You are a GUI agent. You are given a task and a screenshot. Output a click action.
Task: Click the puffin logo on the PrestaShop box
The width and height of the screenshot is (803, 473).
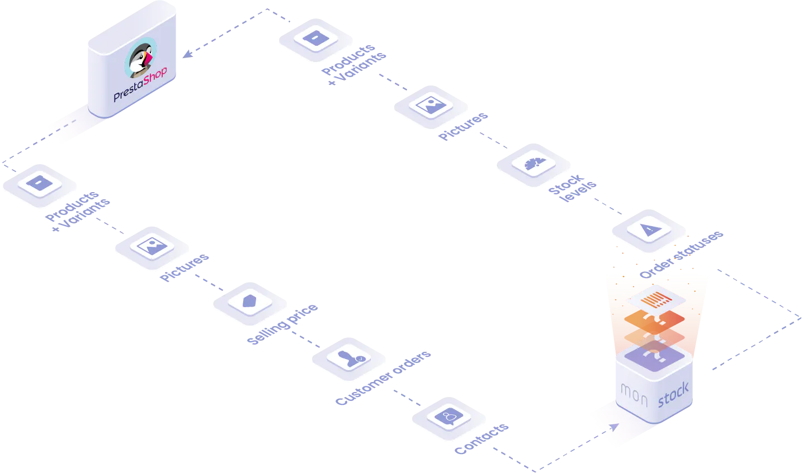(140, 58)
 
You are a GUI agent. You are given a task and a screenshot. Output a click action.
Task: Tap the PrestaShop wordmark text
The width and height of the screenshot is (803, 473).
(140, 84)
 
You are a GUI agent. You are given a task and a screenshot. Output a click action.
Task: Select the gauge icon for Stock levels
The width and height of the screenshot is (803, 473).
(535, 163)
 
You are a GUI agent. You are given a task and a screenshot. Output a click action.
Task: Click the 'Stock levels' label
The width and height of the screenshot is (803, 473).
(573, 188)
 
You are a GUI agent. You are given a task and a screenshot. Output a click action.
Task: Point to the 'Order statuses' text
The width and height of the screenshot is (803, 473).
(682, 254)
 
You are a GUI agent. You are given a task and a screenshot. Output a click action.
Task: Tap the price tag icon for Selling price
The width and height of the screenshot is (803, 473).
(249, 301)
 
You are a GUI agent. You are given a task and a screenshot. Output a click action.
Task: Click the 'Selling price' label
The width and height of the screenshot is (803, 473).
(282, 324)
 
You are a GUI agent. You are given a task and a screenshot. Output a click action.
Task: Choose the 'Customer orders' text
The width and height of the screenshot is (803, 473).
(383, 378)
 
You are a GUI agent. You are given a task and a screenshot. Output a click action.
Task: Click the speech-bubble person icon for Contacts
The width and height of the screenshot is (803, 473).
(449, 417)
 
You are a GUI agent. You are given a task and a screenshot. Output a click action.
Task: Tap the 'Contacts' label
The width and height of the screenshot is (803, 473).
(481, 439)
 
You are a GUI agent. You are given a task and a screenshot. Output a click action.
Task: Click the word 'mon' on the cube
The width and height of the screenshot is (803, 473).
(634, 395)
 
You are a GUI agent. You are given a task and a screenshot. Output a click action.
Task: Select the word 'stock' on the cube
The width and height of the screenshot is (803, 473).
(673, 394)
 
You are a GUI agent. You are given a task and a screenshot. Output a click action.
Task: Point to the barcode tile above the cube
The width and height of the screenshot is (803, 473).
(656, 299)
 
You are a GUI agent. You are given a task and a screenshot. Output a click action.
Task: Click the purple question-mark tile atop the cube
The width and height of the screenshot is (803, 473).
(655, 356)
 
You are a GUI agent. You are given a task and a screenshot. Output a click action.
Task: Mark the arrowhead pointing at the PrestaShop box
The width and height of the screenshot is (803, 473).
(187, 54)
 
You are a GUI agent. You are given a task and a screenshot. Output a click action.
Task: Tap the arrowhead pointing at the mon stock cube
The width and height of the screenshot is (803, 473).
(615, 427)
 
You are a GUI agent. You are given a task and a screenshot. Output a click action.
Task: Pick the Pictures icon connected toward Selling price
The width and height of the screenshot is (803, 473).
(152, 246)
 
